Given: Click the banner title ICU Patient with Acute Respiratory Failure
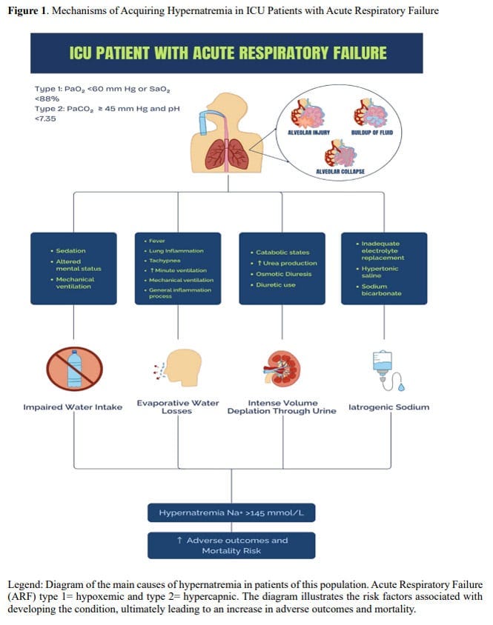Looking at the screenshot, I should point(228,53).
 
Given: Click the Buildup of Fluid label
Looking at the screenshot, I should point(371,133).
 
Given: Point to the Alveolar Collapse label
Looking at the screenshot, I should point(341,171).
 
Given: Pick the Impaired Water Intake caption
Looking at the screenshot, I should point(72,407).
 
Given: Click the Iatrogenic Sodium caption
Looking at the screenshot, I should point(388,407).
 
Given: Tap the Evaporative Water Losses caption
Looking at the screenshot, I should point(178,407).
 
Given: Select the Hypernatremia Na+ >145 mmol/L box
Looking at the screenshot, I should point(231,512).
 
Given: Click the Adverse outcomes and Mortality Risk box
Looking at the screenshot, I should point(231,546).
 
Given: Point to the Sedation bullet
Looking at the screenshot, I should point(70,251).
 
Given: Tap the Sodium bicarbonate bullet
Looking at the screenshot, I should point(383,290).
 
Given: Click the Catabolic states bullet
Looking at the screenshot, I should point(282,253).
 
